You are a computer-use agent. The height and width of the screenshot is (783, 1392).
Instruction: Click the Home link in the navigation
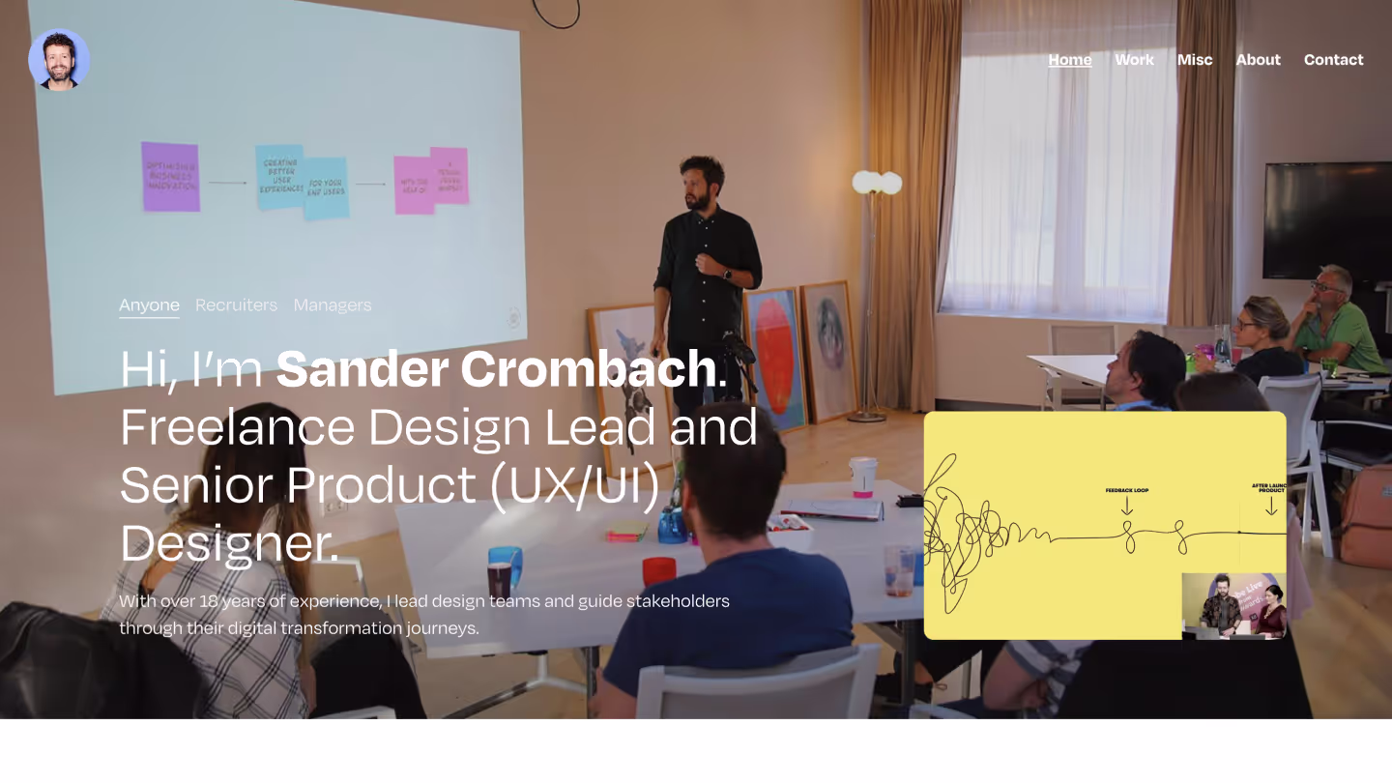pyautogui.click(x=1069, y=60)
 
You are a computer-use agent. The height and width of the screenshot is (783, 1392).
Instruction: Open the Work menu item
pyautogui.click(x=1134, y=60)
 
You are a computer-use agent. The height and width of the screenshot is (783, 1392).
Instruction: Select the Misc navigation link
pyautogui.click(x=1194, y=60)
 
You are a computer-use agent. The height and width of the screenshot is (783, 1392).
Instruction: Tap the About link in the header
pyautogui.click(x=1258, y=60)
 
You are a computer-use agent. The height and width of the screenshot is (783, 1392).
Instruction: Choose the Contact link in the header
pyautogui.click(x=1333, y=60)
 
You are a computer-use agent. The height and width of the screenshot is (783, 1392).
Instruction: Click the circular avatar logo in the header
pyautogui.click(x=59, y=59)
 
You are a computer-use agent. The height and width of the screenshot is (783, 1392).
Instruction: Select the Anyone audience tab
pyautogui.click(x=149, y=305)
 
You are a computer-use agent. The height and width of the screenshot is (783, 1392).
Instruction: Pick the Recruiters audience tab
pyautogui.click(x=236, y=305)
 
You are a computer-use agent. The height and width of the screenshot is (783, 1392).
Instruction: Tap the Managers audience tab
pyautogui.click(x=332, y=305)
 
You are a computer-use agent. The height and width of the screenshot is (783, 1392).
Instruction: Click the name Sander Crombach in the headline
pyautogui.click(x=496, y=369)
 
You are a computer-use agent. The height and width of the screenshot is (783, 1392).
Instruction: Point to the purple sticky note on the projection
pyautogui.click(x=170, y=176)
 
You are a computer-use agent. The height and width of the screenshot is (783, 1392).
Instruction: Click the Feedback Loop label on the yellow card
pyautogui.click(x=1126, y=491)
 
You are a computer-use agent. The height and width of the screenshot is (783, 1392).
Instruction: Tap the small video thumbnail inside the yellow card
pyautogui.click(x=1233, y=606)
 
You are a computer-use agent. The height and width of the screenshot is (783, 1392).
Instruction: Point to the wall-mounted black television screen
pyautogui.click(x=1327, y=220)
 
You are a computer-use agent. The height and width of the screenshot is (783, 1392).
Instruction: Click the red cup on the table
pyautogui.click(x=658, y=570)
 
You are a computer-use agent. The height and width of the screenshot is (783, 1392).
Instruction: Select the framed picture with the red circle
pyautogui.click(x=775, y=358)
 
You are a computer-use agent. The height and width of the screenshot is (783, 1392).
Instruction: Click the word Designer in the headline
pyautogui.click(x=228, y=542)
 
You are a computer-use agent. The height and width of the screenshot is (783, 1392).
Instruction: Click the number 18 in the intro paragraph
pyautogui.click(x=209, y=601)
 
